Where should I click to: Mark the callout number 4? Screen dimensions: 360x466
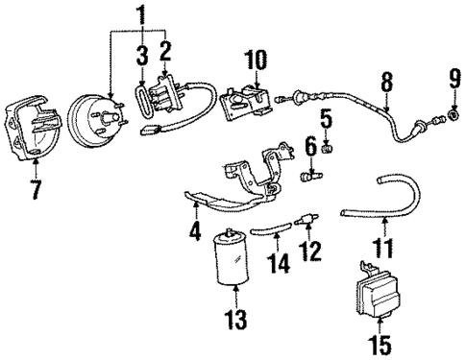[195, 231]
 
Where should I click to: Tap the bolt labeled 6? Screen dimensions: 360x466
[310, 176]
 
